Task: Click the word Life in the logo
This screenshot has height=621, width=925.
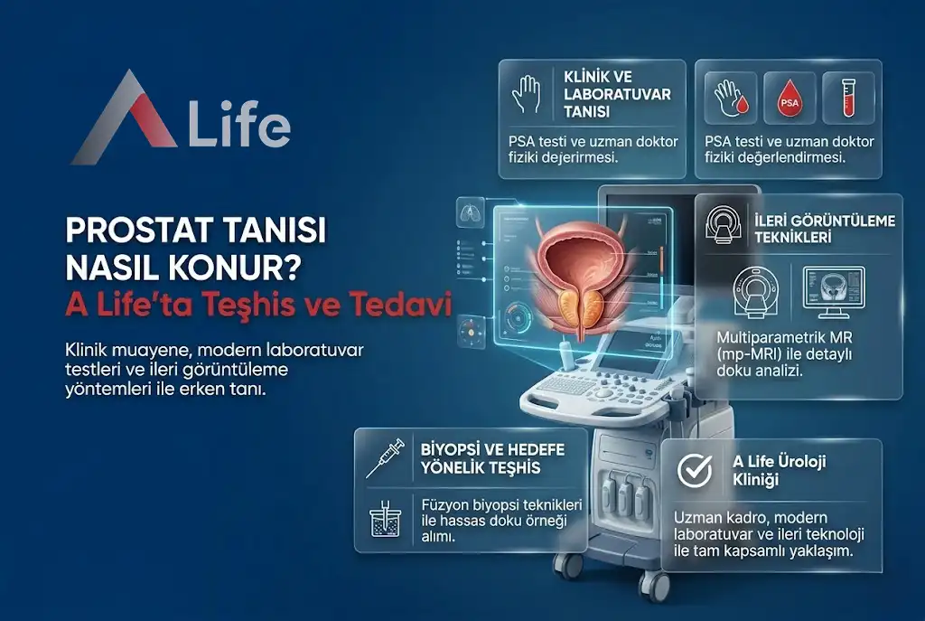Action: pos(238,127)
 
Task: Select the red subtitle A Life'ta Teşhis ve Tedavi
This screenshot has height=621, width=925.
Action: pos(257,306)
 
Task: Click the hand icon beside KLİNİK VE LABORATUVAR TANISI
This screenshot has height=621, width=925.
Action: pos(525,93)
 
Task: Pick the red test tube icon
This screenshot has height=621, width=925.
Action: pos(848,98)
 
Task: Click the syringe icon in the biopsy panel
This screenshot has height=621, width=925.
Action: pos(385,457)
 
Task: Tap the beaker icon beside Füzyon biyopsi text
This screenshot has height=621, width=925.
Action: pos(386,522)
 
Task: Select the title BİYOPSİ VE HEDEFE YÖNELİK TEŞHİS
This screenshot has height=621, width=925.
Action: pos(481,457)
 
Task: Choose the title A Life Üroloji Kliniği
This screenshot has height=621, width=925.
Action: pos(779,470)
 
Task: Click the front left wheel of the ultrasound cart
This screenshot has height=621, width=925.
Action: pos(571,564)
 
